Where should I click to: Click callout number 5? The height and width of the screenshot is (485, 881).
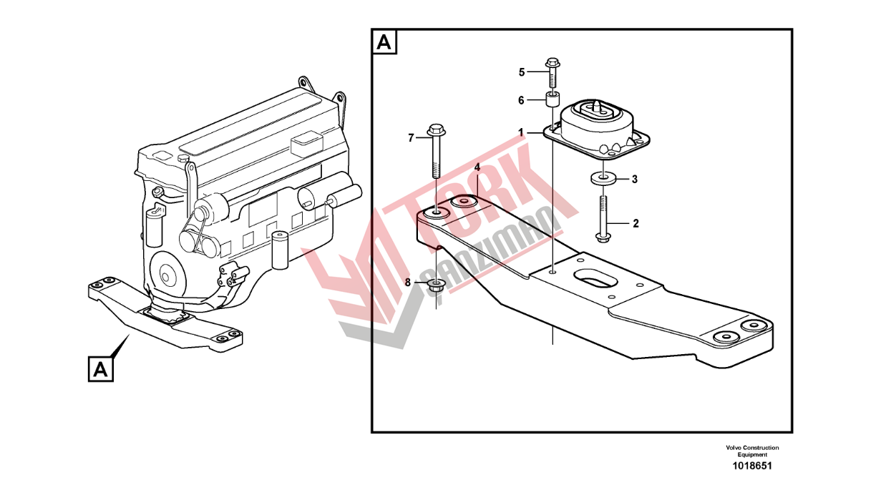click(522, 72)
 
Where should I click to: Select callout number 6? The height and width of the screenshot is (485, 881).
click(522, 100)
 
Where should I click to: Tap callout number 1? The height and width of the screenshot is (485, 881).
click(522, 132)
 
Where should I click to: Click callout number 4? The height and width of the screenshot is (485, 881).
click(476, 167)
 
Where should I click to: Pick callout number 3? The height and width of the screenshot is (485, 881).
click(633, 180)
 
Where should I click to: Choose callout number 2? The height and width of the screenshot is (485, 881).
click(635, 223)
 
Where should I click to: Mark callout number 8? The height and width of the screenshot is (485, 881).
click(408, 283)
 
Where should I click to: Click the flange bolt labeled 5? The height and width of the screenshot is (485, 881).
click(553, 72)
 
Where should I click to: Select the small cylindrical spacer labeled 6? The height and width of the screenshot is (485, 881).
click(553, 99)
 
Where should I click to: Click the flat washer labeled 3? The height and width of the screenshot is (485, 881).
click(603, 179)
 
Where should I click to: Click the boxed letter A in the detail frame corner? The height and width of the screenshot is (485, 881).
click(384, 42)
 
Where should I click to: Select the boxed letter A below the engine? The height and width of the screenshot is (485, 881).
click(101, 370)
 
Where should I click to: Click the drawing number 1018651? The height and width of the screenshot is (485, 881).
click(751, 466)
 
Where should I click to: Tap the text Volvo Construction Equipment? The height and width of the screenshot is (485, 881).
click(751, 451)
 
